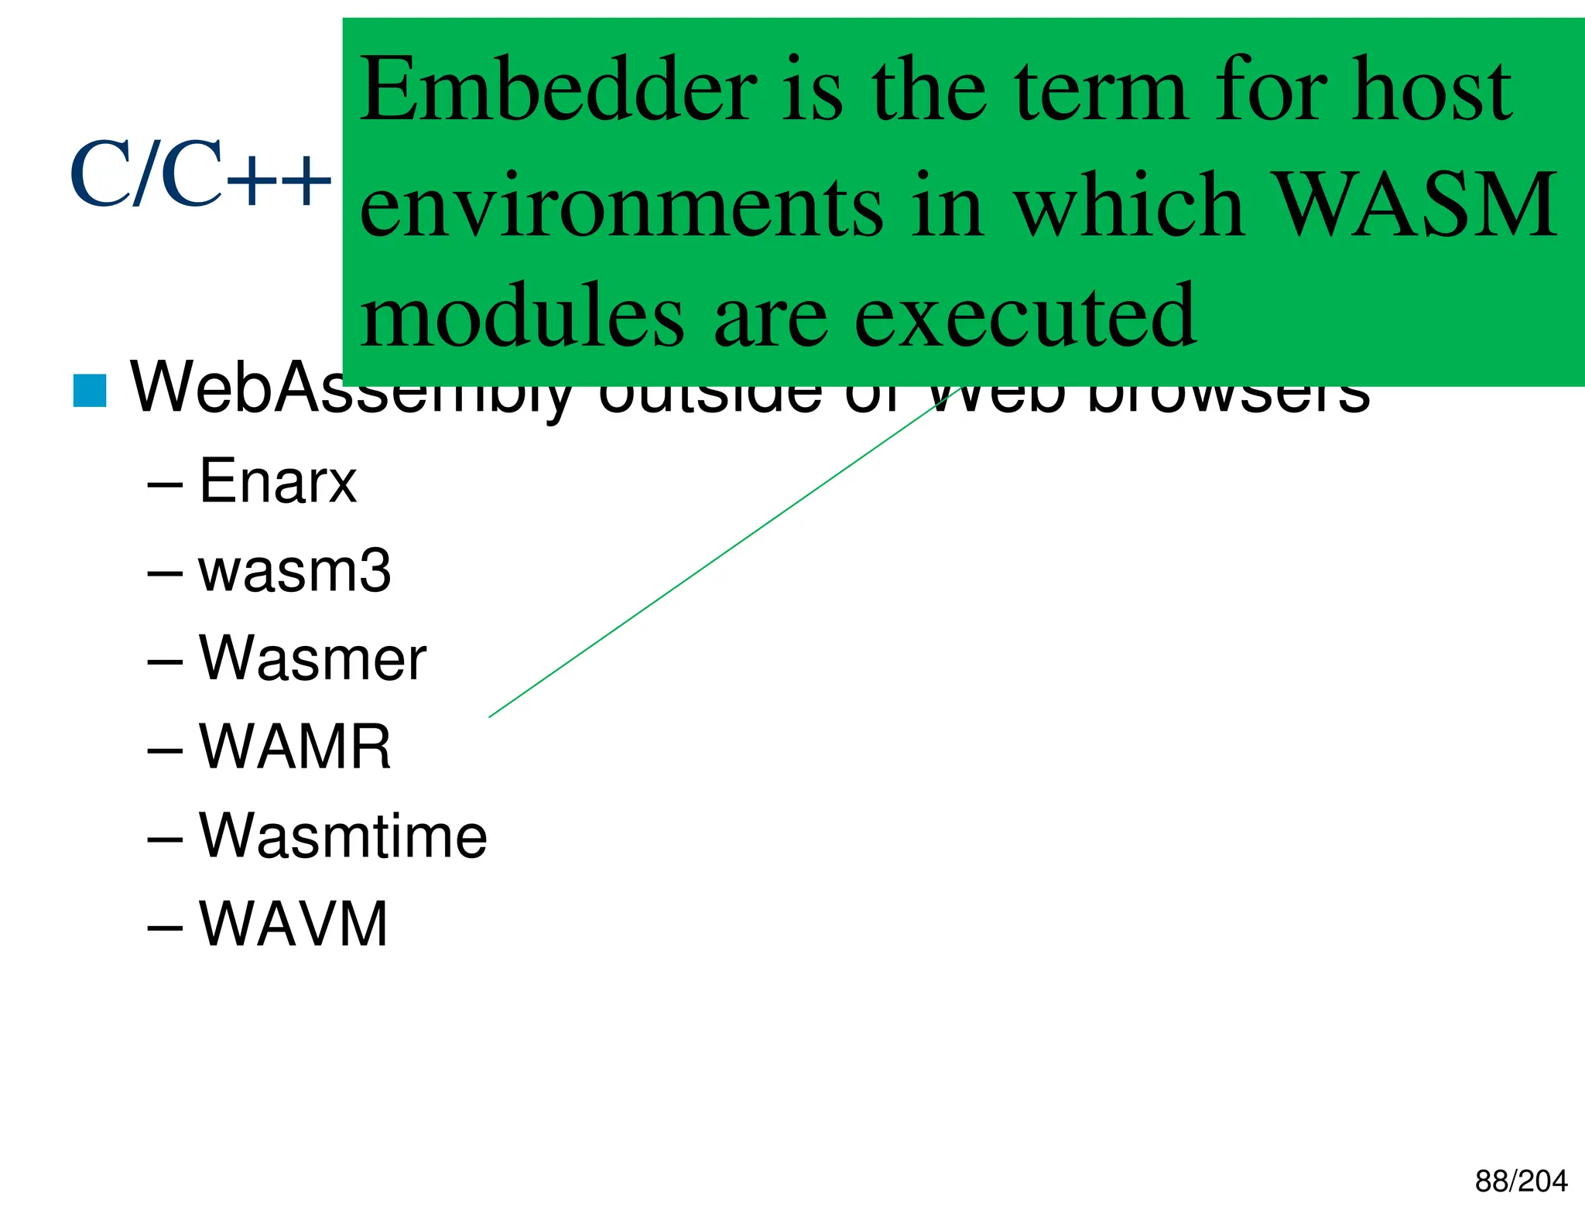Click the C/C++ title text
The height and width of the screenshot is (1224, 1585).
coord(200,175)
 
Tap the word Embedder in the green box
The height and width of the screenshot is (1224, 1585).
coord(557,90)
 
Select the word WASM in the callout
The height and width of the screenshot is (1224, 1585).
coord(1414,204)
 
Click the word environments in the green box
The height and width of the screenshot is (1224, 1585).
coord(621,206)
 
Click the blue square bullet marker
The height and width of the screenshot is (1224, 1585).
coord(90,391)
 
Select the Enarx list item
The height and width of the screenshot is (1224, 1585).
coord(278,481)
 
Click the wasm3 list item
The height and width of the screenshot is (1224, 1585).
coord(294,571)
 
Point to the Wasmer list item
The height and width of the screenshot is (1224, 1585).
coord(312,658)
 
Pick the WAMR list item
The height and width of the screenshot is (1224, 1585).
coord(295,747)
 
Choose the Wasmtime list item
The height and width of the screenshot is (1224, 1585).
coord(343,836)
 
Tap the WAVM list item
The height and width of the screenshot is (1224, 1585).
coord(293,924)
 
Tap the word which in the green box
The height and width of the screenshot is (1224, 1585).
coord(1129,204)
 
